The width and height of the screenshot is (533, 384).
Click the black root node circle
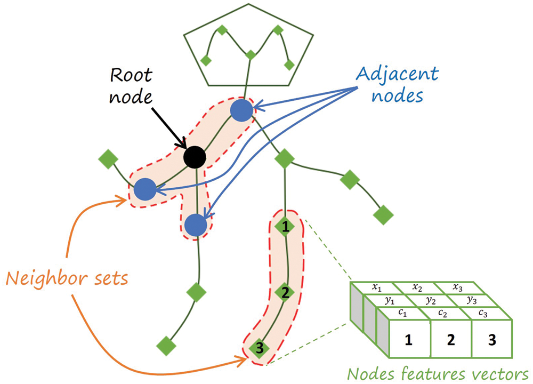195,157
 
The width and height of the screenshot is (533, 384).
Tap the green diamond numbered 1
286,227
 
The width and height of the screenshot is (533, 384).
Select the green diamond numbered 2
285,292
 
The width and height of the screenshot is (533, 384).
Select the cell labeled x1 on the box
377,289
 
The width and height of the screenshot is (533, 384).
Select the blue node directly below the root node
197,225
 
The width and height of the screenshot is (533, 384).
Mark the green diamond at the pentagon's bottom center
249,54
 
